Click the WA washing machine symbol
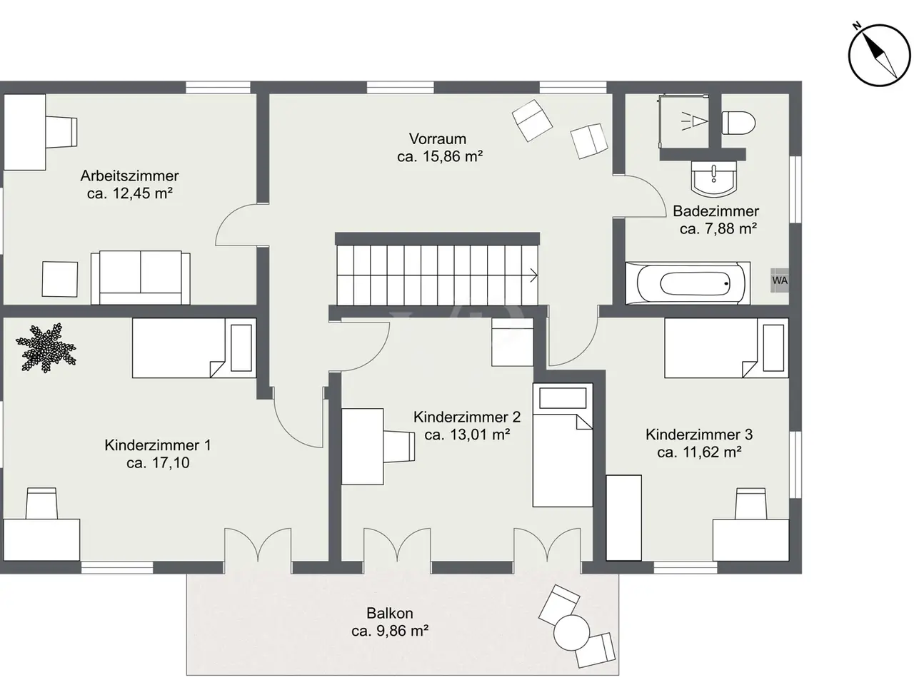pyautogui.click(x=779, y=280)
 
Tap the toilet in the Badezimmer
pyautogui.click(x=738, y=123)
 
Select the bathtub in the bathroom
pyautogui.click(x=688, y=283)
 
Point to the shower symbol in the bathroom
pyautogui.click(x=694, y=121)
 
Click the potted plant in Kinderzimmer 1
pyautogui.click(x=46, y=347)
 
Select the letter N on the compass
pyautogui.click(x=857, y=26)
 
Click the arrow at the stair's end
pyautogui.click(x=533, y=275)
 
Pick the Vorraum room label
pyautogui.click(x=437, y=138)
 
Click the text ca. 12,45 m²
pyautogui.click(x=130, y=193)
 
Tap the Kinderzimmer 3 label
pyautogui.click(x=699, y=435)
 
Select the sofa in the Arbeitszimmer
pyautogui.click(x=141, y=278)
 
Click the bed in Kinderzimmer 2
pyautogui.click(x=563, y=445)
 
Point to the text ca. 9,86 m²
pyautogui.click(x=390, y=631)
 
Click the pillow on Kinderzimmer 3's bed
pyautogui.click(x=773, y=347)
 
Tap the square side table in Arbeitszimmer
pyautogui.click(x=60, y=279)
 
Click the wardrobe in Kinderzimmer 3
pyautogui.click(x=624, y=518)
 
